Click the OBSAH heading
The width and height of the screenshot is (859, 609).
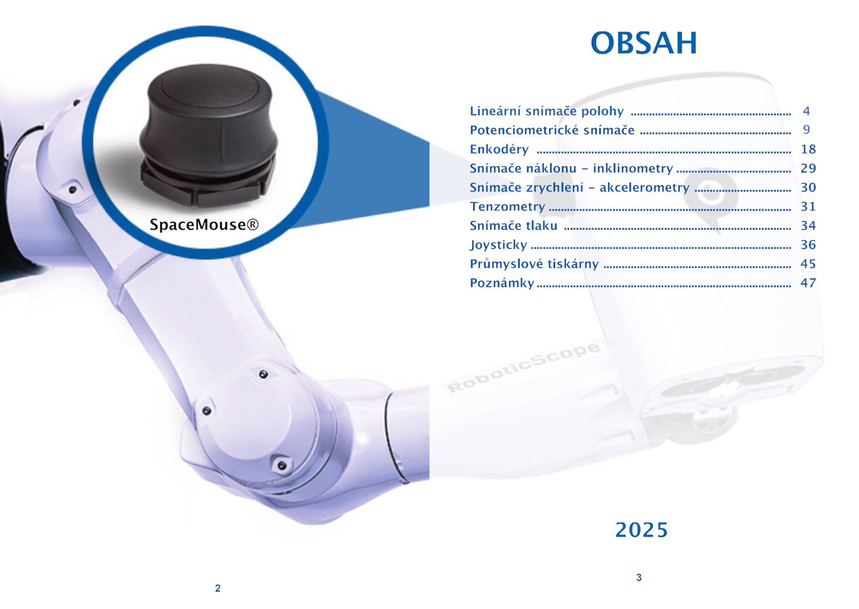click(644, 42)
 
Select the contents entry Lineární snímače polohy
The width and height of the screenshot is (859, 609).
click(547, 111)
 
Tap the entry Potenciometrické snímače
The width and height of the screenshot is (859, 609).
click(552, 130)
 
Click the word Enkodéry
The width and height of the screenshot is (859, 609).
click(499, 149)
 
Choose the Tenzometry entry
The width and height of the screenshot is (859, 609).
click(507, 207)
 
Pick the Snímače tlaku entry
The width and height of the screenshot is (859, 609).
click(513, 226)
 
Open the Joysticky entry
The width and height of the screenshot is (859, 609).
click(499, 245)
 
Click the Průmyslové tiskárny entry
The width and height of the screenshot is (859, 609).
click(534, 264)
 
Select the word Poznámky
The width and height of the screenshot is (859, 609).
click(502, 283)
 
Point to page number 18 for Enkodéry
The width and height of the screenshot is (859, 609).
click(808, 149)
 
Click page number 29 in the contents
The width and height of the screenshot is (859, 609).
click(808, 168)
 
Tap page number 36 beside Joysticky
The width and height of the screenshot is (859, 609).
click(808, 245)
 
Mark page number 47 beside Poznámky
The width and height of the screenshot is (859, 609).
click(808, 283)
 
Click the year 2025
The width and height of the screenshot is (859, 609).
click(642, 530)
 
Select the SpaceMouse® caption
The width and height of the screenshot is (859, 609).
click(204, 225)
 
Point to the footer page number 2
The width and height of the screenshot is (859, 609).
click(218, 588)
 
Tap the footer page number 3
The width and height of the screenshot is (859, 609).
click(639, 577)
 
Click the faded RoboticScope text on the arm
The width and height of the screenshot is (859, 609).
click(524, 367)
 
